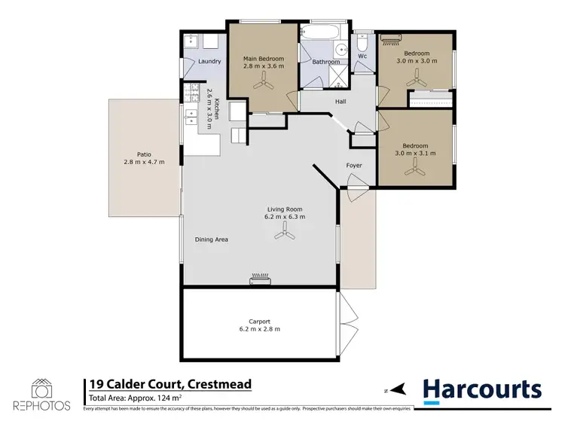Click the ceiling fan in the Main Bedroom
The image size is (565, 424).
point(263,86)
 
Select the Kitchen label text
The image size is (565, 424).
point(216,110)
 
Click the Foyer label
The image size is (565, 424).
point(354,165)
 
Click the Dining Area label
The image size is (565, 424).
point(211,239)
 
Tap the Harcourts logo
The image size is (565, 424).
point(481,389)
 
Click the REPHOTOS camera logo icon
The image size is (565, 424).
point(41,389)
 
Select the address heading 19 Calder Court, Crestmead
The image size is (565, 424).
point(169,385)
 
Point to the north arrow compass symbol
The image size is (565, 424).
point(397,390)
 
